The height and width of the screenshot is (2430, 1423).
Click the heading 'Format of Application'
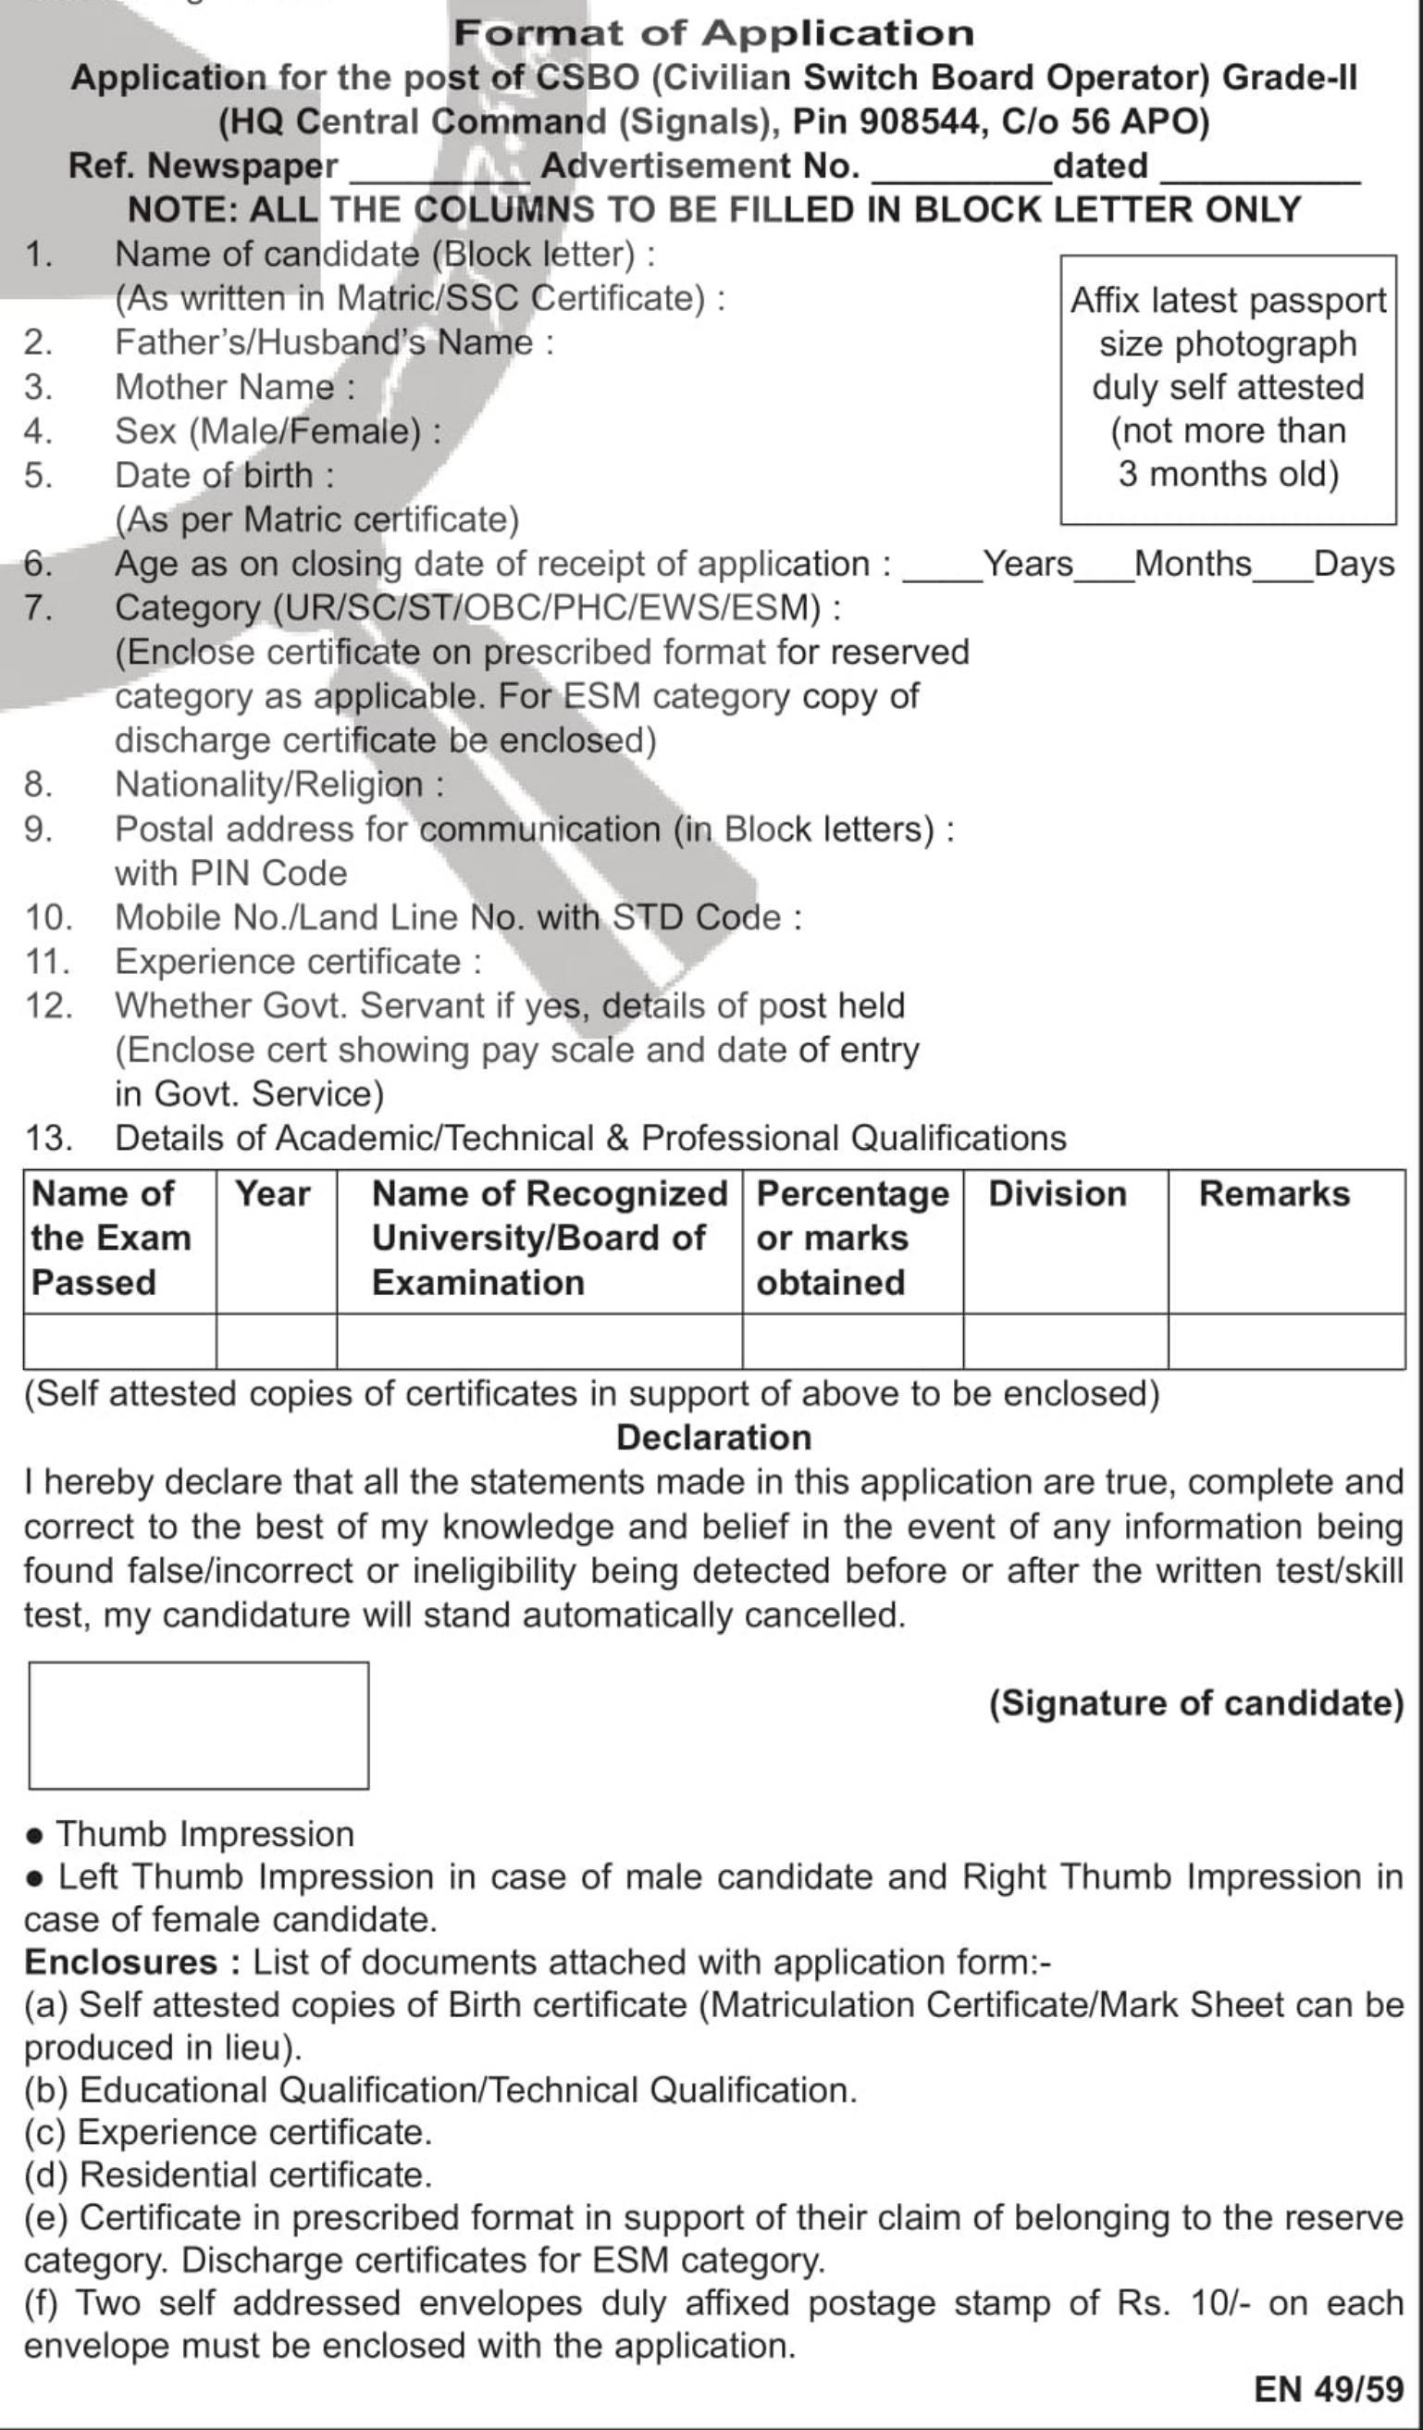pos(713,33)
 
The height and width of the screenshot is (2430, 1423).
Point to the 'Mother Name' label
pos(235,388)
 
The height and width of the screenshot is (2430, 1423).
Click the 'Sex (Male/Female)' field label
pos(278,431)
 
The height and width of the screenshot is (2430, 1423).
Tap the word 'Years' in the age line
pos(1028,564)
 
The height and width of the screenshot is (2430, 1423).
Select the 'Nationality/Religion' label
pos(279,785)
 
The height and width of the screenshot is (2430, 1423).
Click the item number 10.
pos(48,917)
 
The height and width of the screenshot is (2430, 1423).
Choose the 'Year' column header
pos(274,1195)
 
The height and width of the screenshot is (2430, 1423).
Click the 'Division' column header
pos(1058,1195)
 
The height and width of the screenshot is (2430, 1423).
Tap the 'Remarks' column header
pos(1273,1195)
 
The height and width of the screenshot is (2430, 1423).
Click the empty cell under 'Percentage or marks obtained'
pos(852,1341)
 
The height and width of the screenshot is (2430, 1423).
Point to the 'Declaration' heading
pos(713,1438)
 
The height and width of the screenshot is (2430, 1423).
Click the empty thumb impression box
pos(199,1726)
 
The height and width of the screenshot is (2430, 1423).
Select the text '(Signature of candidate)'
pos(1196,1703)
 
